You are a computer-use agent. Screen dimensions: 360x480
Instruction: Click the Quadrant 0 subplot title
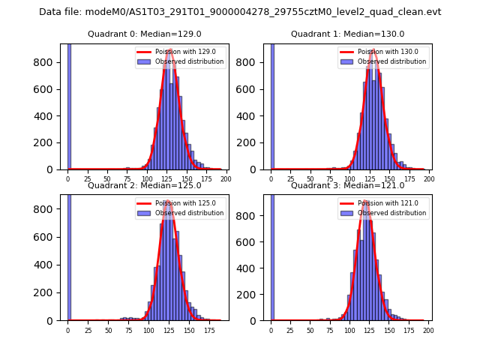coord(145,34)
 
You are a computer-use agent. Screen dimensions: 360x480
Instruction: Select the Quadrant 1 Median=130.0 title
coord(347,34)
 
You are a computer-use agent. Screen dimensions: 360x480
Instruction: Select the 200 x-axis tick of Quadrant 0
coord(226,179)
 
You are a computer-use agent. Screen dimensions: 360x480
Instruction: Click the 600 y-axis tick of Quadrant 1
coord(254,88)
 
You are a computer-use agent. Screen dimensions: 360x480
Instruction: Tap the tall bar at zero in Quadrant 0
coord(68,105)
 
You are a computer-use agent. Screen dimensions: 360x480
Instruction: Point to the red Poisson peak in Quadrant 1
coord(372,51)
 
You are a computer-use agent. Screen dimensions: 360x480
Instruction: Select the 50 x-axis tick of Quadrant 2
coord(108,330)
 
